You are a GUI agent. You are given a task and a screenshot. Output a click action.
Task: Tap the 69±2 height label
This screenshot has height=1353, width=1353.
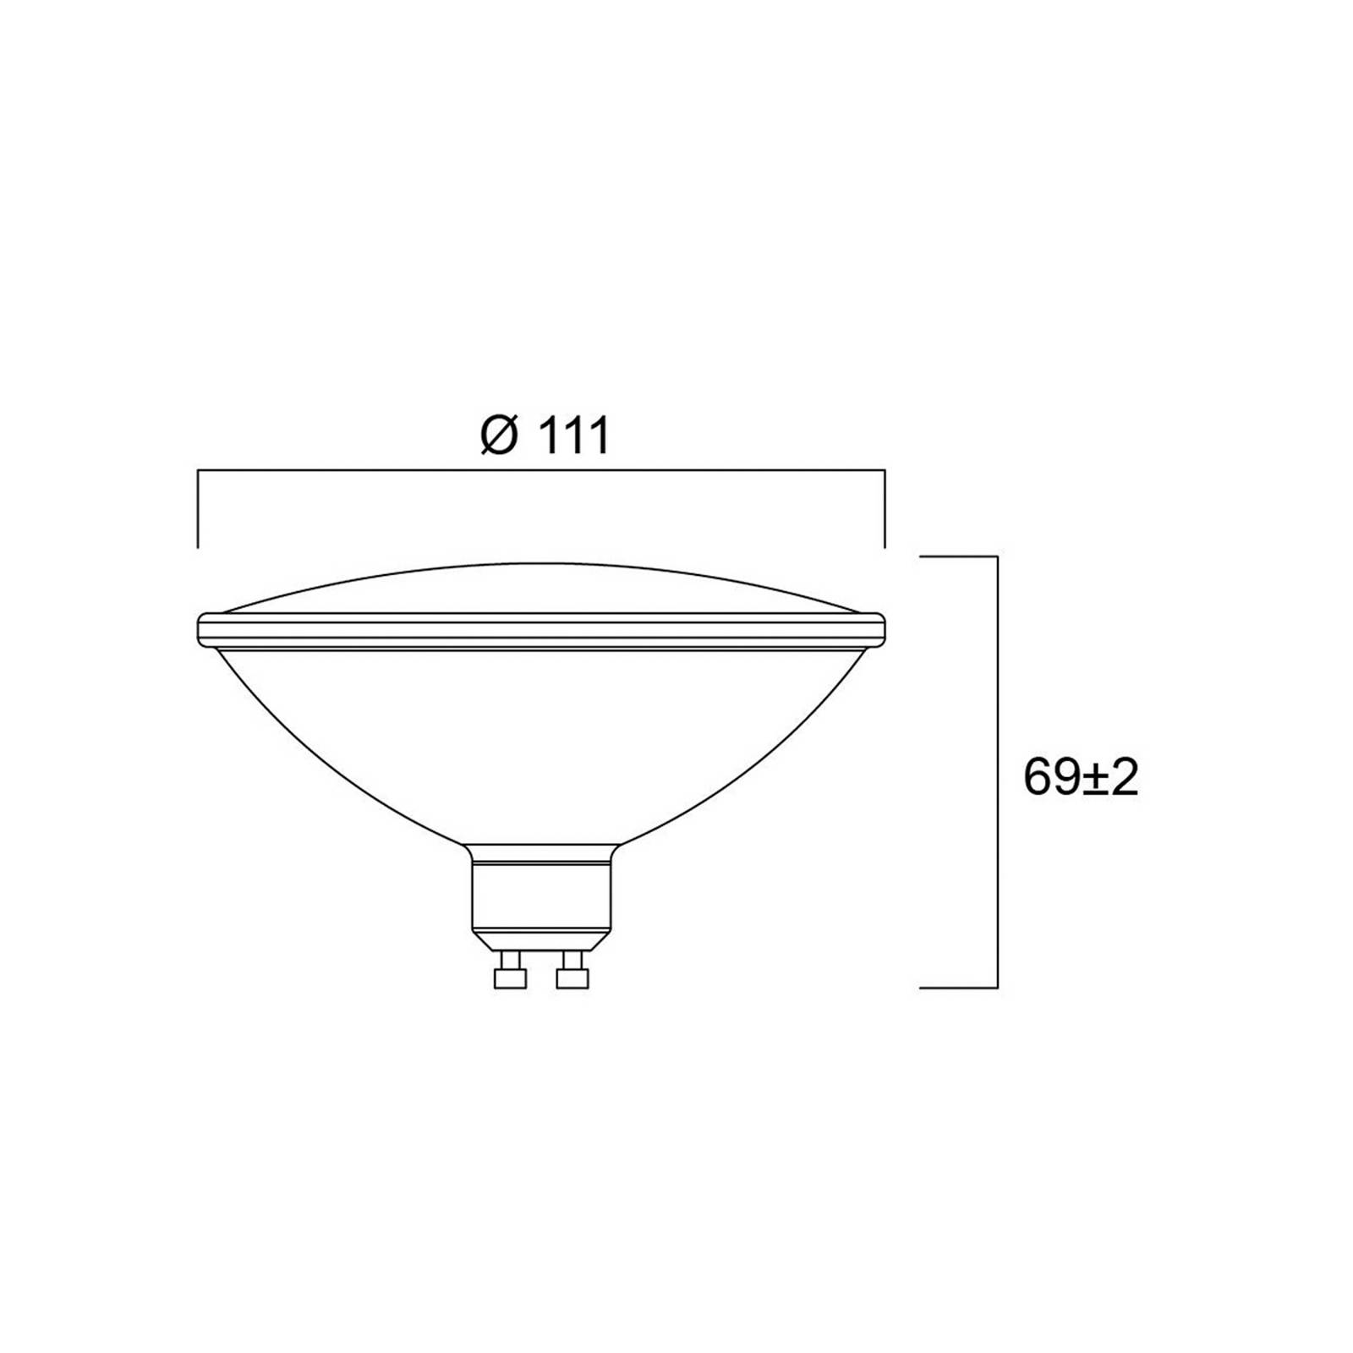(1081, 778)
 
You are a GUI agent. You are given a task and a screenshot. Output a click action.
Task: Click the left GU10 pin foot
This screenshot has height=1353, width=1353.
(510, 978)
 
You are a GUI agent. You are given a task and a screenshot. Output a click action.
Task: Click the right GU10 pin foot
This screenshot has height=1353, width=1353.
(572, 978)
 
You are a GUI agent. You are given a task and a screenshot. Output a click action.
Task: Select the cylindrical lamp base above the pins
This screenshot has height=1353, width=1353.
(541, 896)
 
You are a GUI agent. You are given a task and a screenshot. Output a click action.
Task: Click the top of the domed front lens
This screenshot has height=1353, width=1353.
(541, 565)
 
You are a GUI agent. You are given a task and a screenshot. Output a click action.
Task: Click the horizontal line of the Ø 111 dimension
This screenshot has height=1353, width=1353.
(541, 470)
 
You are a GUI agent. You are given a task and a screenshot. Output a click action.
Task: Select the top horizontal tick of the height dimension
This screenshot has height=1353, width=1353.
(958, 556)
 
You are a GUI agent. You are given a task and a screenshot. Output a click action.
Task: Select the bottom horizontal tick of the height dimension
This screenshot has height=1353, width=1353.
(958, 987)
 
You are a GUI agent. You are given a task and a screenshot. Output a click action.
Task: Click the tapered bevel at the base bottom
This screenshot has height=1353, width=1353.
(541, 940)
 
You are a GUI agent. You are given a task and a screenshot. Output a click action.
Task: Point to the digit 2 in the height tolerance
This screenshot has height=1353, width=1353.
(1123, 778)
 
